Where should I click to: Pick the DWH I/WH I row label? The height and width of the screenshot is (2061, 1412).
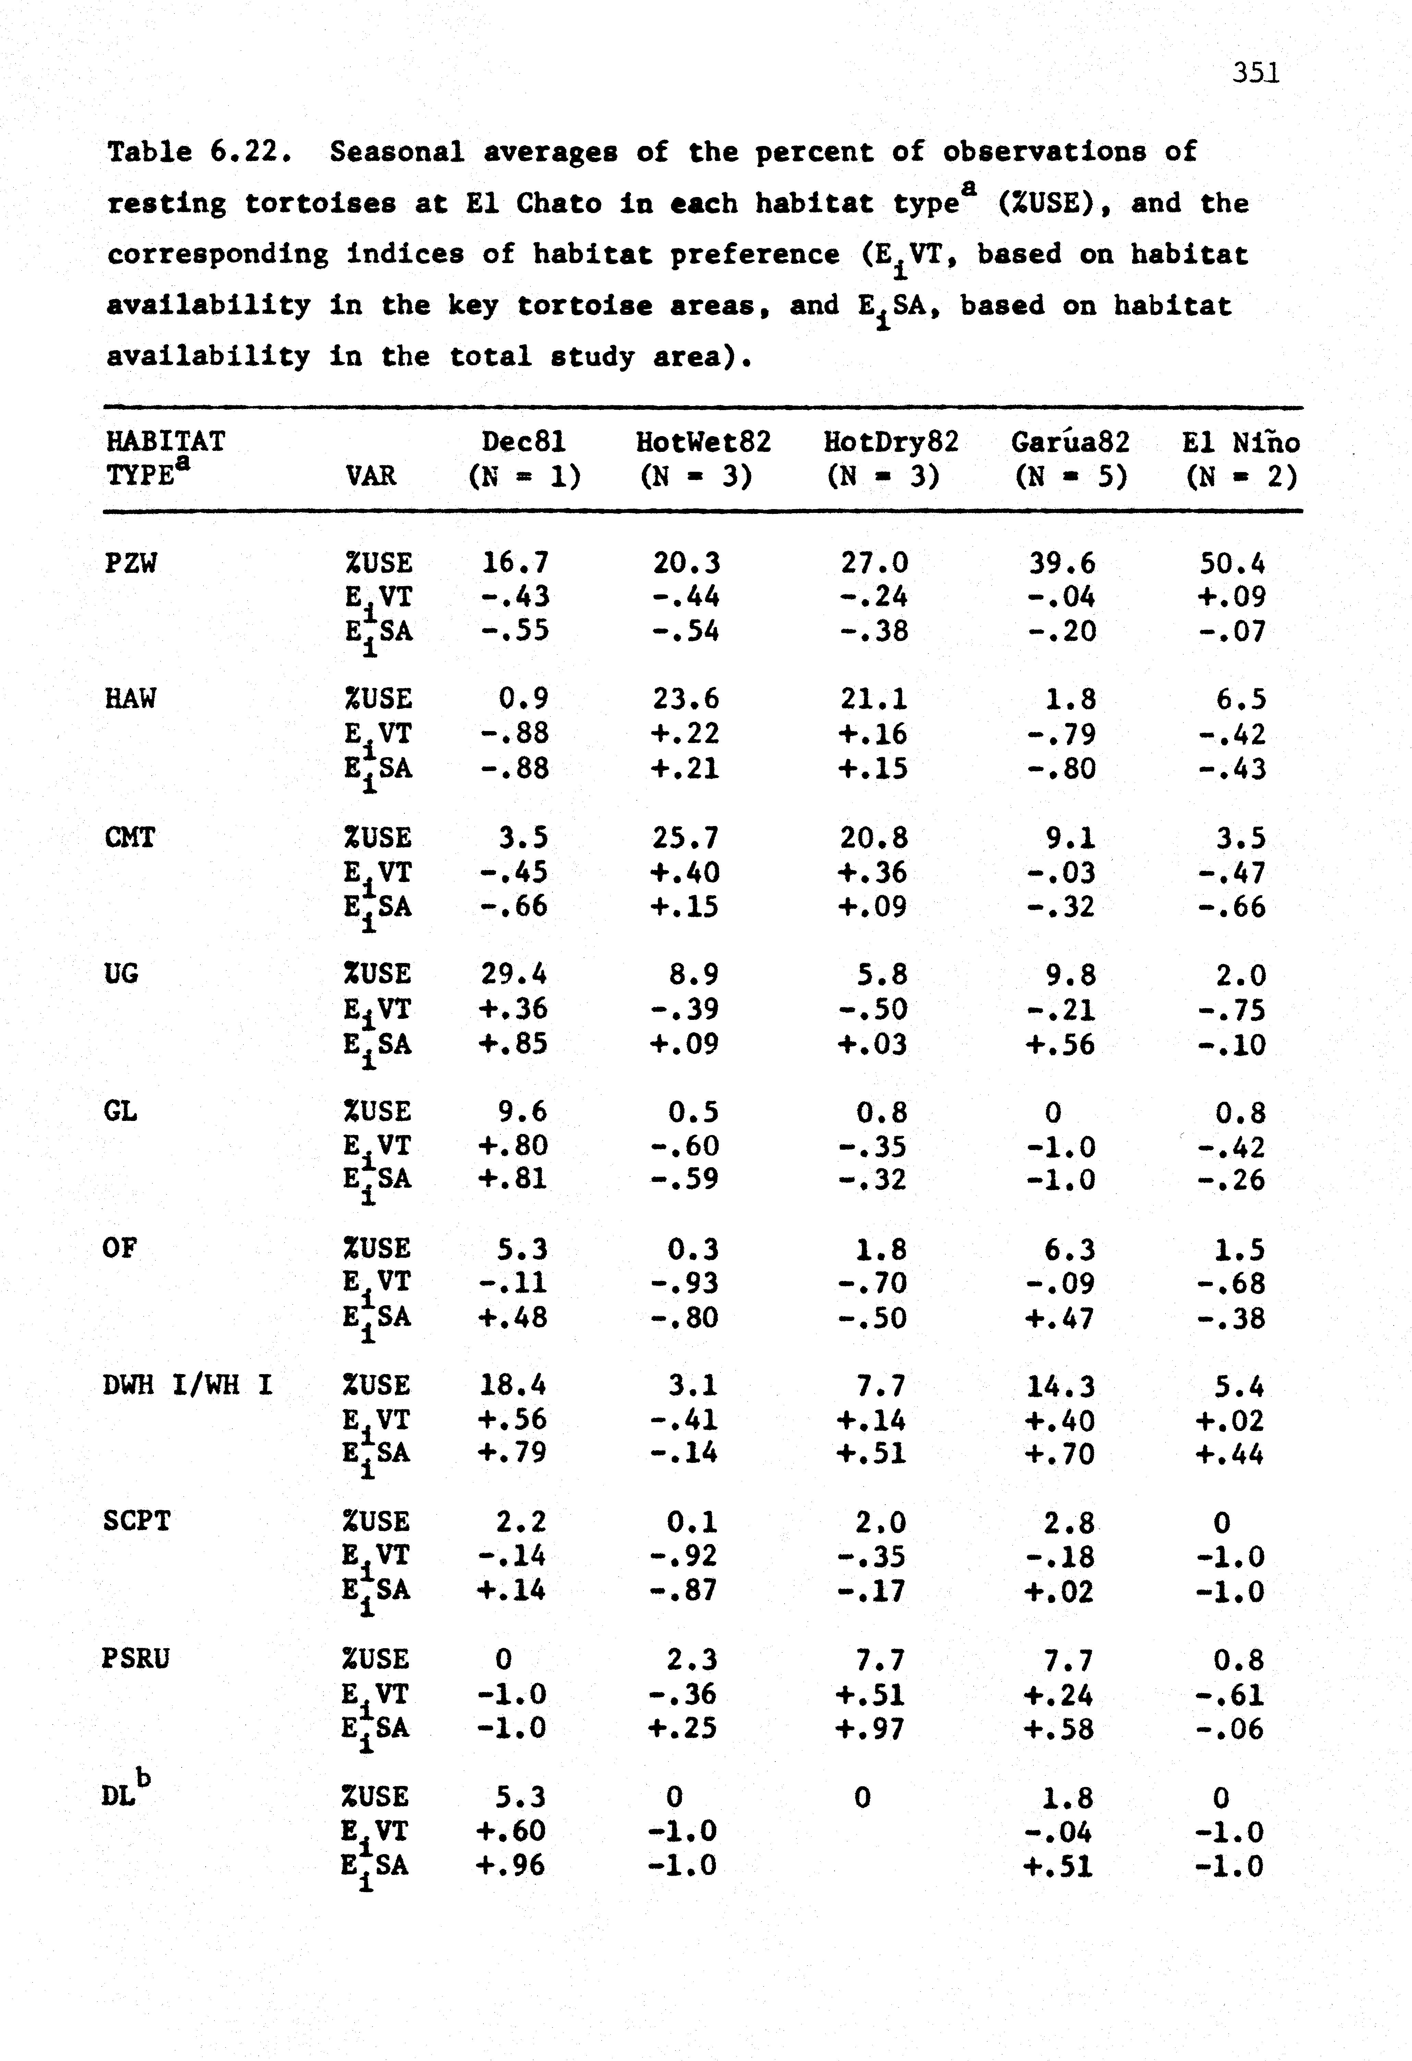click(187, 1384)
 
